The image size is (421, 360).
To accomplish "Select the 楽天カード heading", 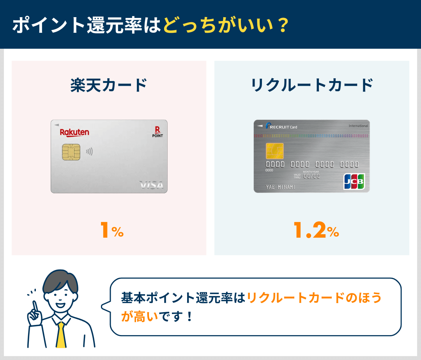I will pos(109,85).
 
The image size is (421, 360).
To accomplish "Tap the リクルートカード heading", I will pos(312,85).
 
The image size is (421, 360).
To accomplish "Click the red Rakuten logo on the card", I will pos(74,133).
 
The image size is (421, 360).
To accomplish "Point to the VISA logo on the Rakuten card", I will pos(152,185).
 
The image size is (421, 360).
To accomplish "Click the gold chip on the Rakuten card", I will pos(71,152).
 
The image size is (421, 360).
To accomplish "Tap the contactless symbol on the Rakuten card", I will pos(89,151).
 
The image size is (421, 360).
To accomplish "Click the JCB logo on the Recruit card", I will pos(354,181).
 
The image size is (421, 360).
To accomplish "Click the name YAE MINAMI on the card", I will pos(280,187).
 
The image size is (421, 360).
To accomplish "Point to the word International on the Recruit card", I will pos(358,126).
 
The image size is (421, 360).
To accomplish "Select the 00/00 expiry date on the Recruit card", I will pos(311,176).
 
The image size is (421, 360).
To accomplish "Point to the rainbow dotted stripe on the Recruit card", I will pos(311,136).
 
